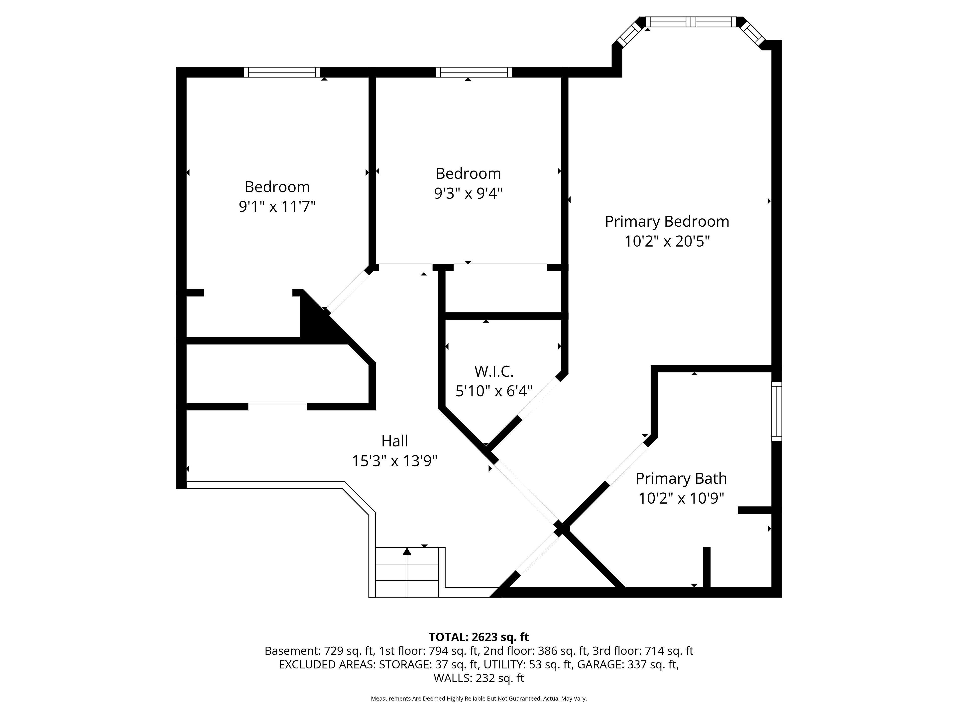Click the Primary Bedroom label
(667, 222)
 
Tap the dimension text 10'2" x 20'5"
(667, 241)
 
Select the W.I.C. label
(494, 371)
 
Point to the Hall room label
(394, 441)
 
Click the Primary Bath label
(681, 479)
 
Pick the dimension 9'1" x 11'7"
(277, 206)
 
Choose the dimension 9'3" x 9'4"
(468, 193)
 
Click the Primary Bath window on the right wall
(777, 411)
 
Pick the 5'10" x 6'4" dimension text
(494, 391)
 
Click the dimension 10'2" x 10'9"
(681, 499)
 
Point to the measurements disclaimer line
(479, 699)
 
